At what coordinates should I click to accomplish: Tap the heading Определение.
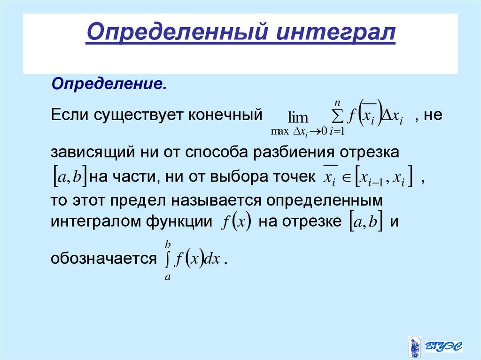tap(109, 85)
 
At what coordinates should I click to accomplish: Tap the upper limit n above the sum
tap(337, 102)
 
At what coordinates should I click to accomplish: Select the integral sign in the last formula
tap(167, 259)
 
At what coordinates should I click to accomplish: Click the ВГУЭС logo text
tap(444, 347)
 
